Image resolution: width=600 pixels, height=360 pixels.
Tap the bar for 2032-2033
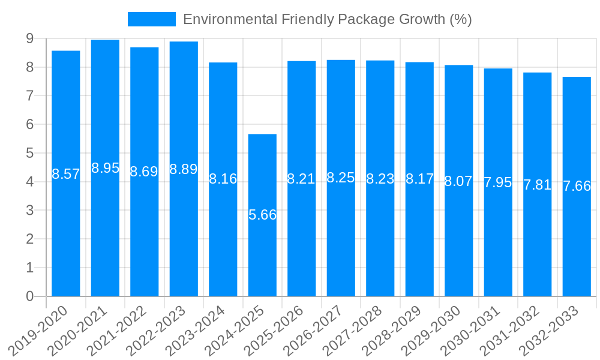point(577,240)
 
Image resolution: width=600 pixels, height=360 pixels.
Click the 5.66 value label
point(262,215)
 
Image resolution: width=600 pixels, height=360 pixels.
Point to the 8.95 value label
point(105,168)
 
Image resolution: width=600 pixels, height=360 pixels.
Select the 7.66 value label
point(577,186)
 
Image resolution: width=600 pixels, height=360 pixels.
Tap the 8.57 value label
point(66,174)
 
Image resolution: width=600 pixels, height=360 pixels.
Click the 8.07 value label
point(458,181)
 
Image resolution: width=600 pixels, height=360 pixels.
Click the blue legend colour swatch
point(151,19)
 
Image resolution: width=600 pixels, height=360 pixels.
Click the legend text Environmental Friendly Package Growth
point(327,19)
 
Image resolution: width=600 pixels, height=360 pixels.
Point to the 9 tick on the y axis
point(29,38)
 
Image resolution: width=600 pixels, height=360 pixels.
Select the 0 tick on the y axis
point(29,296)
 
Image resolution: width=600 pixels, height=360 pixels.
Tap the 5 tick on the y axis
point(29,153)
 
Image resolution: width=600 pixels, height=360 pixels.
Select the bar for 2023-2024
point(223,240)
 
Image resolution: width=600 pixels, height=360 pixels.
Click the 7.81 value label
point(537,185)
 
